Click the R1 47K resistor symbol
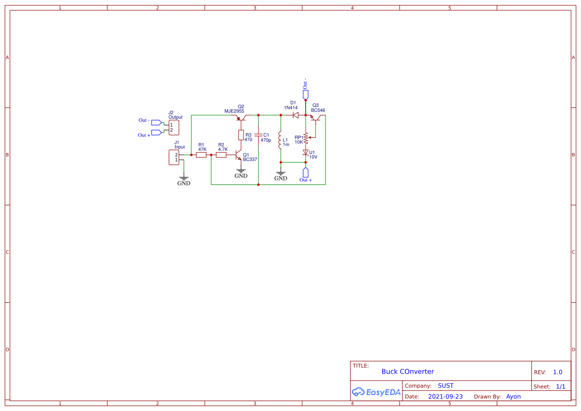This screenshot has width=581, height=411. tap(201, 155)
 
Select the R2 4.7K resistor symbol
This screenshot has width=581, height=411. tap(221, 155)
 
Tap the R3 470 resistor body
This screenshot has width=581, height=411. tap(241, 135)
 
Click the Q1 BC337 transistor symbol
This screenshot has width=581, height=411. tap(239, 156)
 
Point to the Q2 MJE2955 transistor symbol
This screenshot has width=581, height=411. tap(241, 118)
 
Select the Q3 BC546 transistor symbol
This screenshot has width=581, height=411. tap(316, 118)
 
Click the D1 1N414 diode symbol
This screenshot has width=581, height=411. tap(295, 115)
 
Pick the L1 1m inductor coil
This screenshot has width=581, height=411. tap(281, 140)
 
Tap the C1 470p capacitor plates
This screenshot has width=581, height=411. tap(258, 135)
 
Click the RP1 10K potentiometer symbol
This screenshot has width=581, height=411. tap(306, 137)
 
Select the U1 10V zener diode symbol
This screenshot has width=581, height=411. tap(306, 153)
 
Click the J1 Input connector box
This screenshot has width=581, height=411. tap(174, 158)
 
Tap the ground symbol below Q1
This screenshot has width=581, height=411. tap(241, 171)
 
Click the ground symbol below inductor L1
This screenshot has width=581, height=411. tap(281, 174)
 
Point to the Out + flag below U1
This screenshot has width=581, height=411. tap(306, 172)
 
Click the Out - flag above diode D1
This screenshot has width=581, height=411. tap(306, 94)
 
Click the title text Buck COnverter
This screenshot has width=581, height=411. tap(408, 371)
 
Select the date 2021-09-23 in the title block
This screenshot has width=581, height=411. tap(445, 397)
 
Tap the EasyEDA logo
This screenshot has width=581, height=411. tap(376, 392)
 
